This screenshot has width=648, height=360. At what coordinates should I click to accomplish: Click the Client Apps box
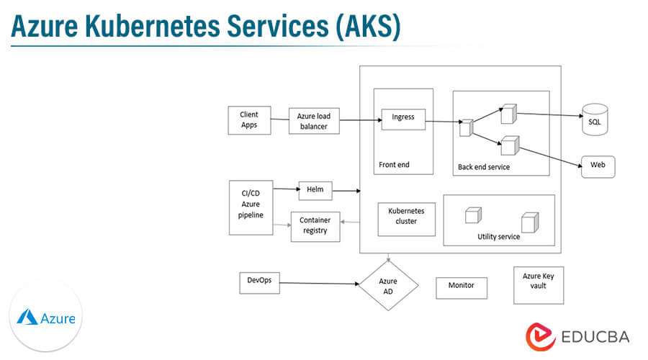(x=248, y=120)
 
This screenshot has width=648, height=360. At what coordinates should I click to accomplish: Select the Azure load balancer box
(x=312, y=121)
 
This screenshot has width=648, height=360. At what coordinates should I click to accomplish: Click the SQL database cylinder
(x=595, y=119)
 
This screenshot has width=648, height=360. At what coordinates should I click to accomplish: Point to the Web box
(x=598, y=166)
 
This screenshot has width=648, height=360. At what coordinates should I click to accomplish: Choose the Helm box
(x=315, y=190)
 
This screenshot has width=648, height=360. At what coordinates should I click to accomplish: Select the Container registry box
(x=315, y=226)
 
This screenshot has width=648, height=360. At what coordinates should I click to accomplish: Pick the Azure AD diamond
(x=388, y=285)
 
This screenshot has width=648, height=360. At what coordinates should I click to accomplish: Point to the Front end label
(x=394, y=165)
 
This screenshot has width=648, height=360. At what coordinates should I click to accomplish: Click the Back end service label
(x=483, y=167)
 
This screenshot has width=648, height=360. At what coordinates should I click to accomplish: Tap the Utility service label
(x=498, y=236)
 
